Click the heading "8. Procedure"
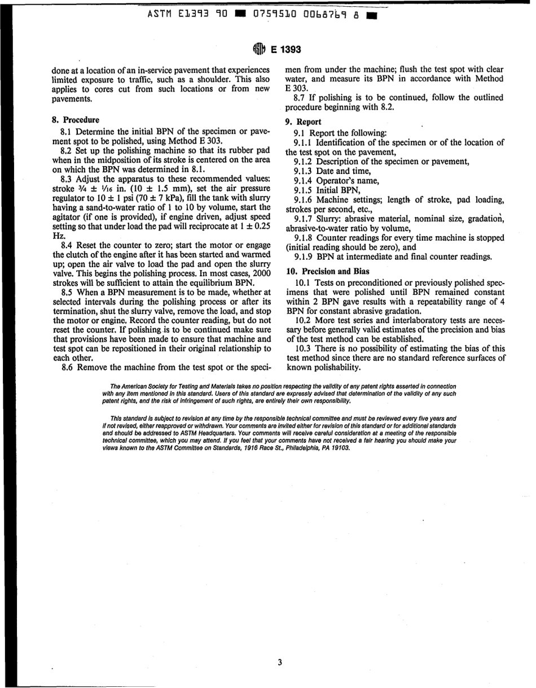75,120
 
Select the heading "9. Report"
304,121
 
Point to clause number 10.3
305,349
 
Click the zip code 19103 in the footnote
340,448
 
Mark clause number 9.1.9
304,256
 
